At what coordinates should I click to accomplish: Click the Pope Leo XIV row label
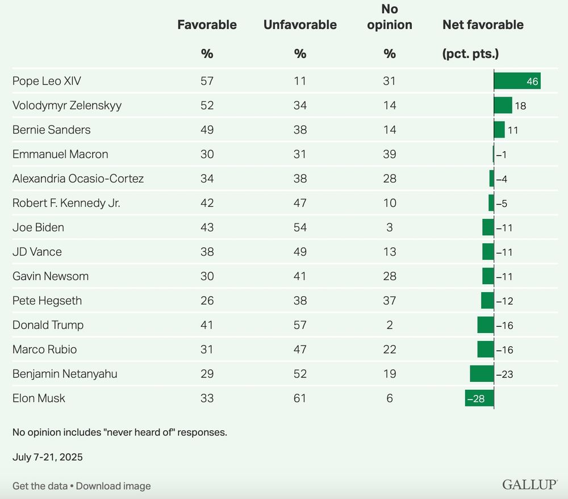point(47,81)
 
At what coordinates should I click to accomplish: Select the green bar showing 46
point(516,81)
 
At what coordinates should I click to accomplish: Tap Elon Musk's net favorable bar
point(479,398)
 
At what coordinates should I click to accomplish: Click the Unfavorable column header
point(300,25)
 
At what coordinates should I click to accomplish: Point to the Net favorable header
point(483,25)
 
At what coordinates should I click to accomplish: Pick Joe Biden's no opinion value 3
point(389,227)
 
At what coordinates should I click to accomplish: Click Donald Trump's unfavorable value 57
point(300,325)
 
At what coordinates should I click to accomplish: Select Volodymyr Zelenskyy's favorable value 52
point(207,105)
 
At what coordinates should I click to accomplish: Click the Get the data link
point(39,486)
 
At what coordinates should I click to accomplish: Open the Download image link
point(113,486)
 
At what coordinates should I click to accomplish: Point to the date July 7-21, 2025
point(48,456)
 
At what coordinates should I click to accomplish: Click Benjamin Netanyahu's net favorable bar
point(482,373)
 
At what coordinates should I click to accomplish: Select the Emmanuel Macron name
point(60,154)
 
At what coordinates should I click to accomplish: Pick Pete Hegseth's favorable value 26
point(207,301)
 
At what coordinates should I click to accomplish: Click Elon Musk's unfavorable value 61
point(300,398)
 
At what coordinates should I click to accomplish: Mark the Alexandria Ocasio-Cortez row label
point(78,178)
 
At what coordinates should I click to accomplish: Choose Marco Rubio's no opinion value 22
point(389,350)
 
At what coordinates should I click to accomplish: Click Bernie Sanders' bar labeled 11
point(499,130)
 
